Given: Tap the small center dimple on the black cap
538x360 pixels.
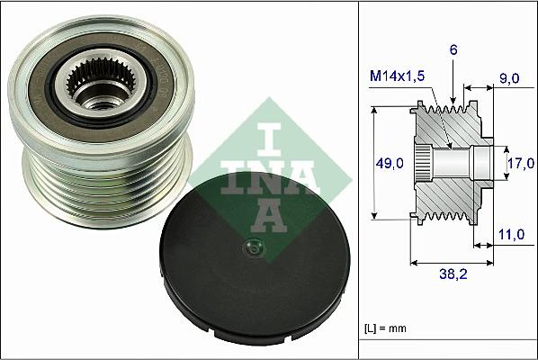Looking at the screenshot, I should click(x=252, y=250).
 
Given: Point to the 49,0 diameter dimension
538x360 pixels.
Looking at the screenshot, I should click(x=390, y=163).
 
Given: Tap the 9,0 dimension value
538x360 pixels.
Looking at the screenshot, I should click(x=510, y=79).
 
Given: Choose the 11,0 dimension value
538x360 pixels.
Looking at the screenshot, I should click(x=510, y=234).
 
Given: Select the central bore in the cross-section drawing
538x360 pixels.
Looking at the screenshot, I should click(x=459, y=163).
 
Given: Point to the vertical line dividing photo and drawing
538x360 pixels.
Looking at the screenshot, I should click(x=359, y=180).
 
